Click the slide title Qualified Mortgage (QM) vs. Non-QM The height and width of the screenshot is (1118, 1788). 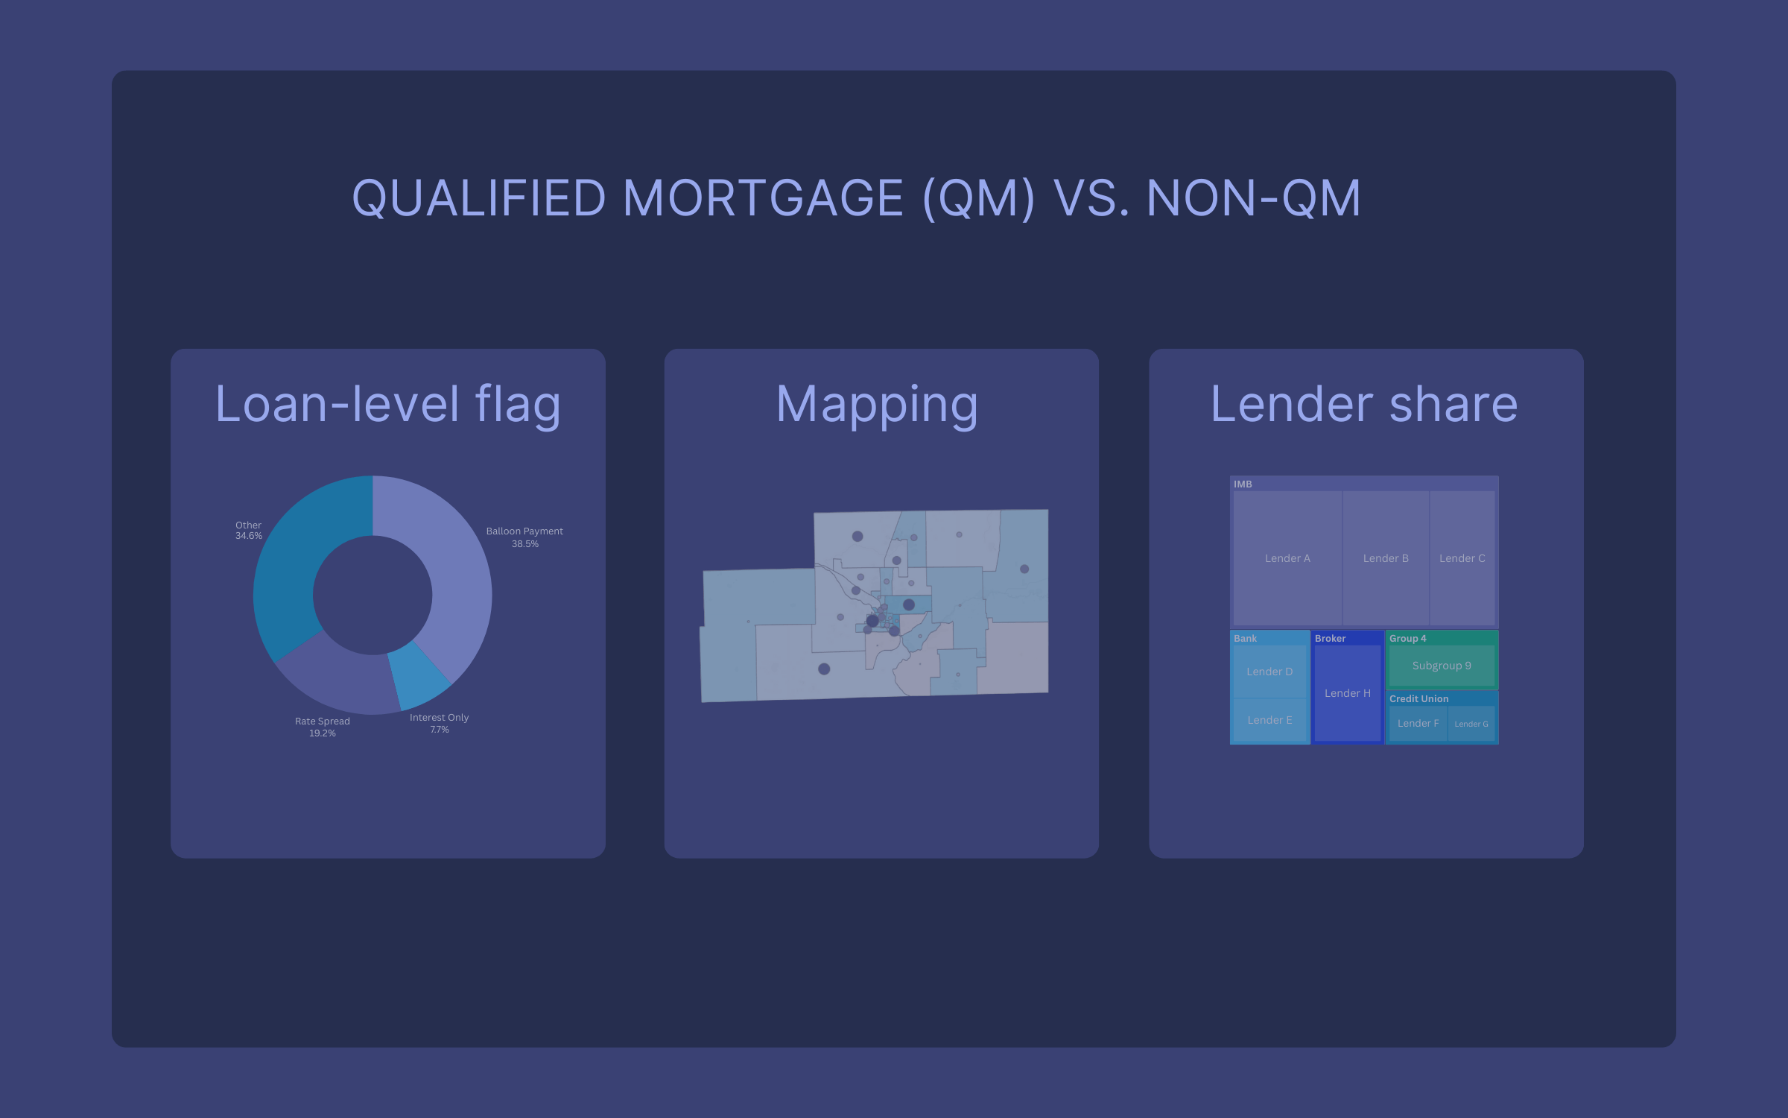point(856,198)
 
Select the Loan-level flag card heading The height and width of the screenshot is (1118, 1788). point(387,404)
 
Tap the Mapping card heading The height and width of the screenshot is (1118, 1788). point(877,404)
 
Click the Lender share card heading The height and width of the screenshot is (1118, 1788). point(1364,404)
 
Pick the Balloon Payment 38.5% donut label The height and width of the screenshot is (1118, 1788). point(524,537)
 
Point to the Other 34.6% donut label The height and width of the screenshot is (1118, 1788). point(249,530)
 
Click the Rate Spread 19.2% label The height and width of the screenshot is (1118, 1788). point(322,727)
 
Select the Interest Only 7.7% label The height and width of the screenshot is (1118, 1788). point(439,723)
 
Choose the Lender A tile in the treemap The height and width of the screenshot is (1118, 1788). point(1287,558)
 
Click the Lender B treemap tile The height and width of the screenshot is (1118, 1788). point(1386,558)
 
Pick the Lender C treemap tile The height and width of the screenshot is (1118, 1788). point(1462,558)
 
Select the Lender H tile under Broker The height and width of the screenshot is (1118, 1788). point(1347,693)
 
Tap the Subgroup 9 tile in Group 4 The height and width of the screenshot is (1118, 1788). point(1442,666)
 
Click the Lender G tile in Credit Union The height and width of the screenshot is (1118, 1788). point(1471,724)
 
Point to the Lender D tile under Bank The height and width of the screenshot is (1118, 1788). point(1269,672)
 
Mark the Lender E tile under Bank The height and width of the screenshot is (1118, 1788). point(1269,720)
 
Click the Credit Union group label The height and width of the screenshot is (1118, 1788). point(1418,698)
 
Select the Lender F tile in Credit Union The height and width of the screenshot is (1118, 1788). point(1418,723)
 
